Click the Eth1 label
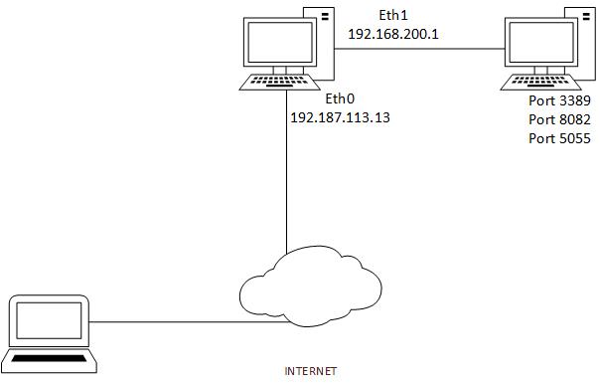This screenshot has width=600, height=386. tap(392, 15)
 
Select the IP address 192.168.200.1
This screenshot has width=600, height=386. tap(392, 33)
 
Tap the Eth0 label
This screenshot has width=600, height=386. tap(340, 100)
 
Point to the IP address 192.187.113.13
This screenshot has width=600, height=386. tap(340, 117)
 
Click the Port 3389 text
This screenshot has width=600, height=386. tap(560, 102)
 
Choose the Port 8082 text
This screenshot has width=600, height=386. tap(560, 119)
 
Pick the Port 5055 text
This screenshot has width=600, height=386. tap(560, 137)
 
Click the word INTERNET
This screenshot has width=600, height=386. tap(311, 371)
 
